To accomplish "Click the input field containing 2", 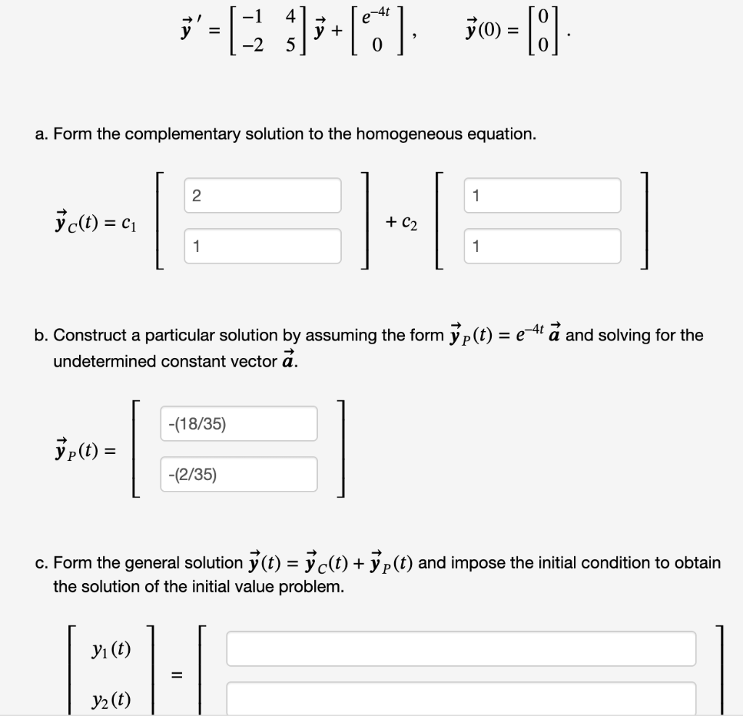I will pyautogui.click(x=262, y=195).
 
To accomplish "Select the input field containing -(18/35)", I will pyautogui.click(x=238, y=423).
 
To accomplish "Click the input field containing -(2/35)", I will pyautogui.click(x=238, y=474).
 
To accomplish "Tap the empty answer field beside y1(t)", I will pyautogui.click(x=461, y=648).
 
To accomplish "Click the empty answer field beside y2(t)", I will pyautogui.click(x=461, y=698).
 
